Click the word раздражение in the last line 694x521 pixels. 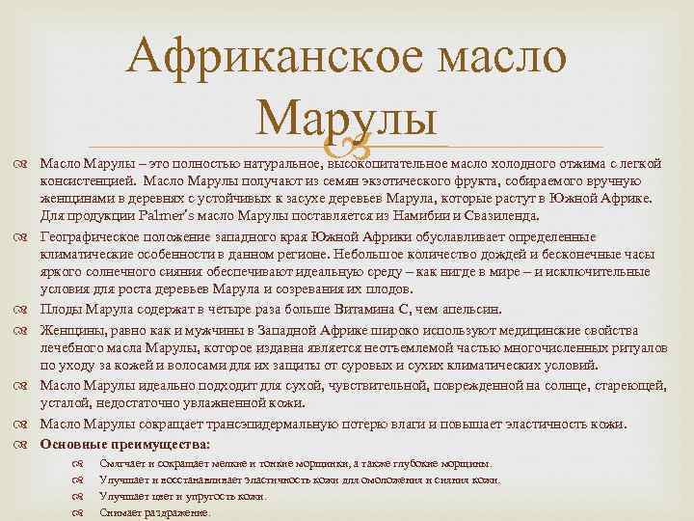pyautogui.click(x=177, y=512)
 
